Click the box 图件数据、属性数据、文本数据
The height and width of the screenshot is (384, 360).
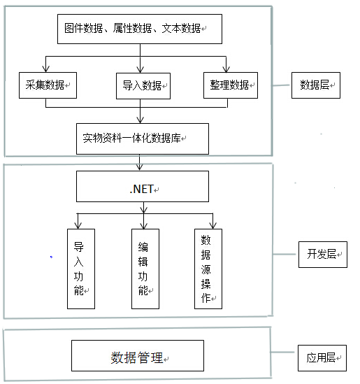[140, 29]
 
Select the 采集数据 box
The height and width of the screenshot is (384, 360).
[48, 85]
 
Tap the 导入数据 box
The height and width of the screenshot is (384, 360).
[143, 86]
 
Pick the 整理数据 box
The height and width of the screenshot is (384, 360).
[231, 85]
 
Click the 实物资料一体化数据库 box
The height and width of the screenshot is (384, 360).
[143, 138]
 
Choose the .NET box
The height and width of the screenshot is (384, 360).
[143, 186]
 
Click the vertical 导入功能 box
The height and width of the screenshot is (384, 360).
[81, 269]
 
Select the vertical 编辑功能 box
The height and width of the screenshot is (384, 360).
[145, 269]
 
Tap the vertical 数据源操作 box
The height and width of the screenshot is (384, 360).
[208, 269]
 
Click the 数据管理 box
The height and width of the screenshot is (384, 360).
[138, 355]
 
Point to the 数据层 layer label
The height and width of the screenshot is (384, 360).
[316, 85]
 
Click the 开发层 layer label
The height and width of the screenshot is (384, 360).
[323, 255]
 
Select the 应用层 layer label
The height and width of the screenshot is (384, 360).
[322, 358]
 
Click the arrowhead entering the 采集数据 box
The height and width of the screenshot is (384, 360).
[45, 69]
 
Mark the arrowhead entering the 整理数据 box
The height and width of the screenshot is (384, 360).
[226, 69]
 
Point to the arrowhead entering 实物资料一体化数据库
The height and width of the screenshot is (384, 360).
[140, 120]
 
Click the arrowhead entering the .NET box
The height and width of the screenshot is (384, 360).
[140, 167]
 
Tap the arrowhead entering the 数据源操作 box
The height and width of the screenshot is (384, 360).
[213, 225]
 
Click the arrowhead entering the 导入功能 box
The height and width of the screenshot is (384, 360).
[78, 225]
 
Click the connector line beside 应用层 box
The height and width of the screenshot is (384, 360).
[284, 353]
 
